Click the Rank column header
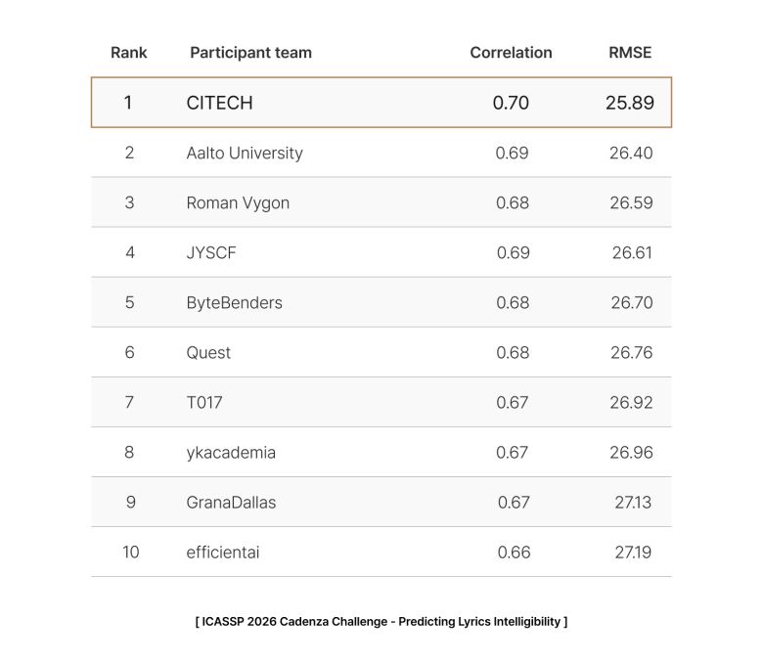[x=129, y=53]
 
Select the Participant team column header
[x=250, y=53]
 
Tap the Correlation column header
[x=511, y=53]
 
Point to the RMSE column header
[x=630, y=53]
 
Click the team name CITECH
[x=219, y=103]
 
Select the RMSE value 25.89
[x=630, y=103]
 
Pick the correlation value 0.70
[x=511, y=103]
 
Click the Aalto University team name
[x=245, y=153]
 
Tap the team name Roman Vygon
[x=238, y=202]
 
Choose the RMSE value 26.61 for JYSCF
[x=632, y=252]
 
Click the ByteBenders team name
[x=234, y=302]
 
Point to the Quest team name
[x=208, y=352]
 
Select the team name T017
[x=204, y=402]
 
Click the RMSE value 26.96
[x=631, y=452]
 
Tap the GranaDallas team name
[x=231, y=502]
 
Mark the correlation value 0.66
[x=514, y=552]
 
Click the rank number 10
[x=130, y=552]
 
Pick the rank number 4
[x=130, y=252]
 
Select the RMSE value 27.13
[x=633, y=502]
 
